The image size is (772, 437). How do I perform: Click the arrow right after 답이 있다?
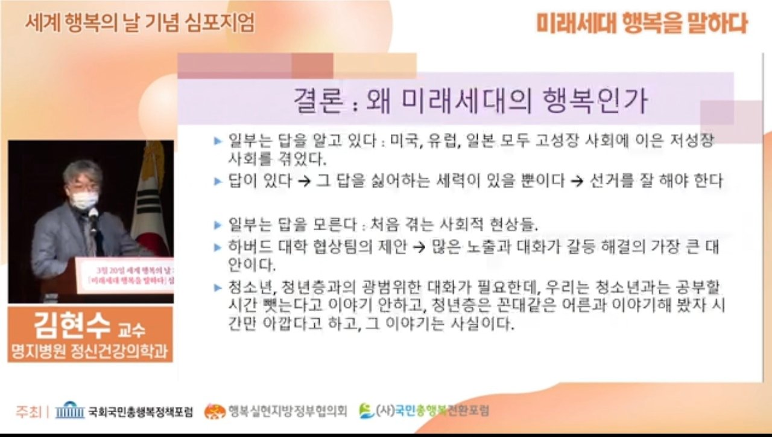coord(304,181)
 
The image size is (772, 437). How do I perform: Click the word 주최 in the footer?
coord(28,412)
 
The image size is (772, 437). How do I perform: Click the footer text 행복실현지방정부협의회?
coord(287,412)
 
